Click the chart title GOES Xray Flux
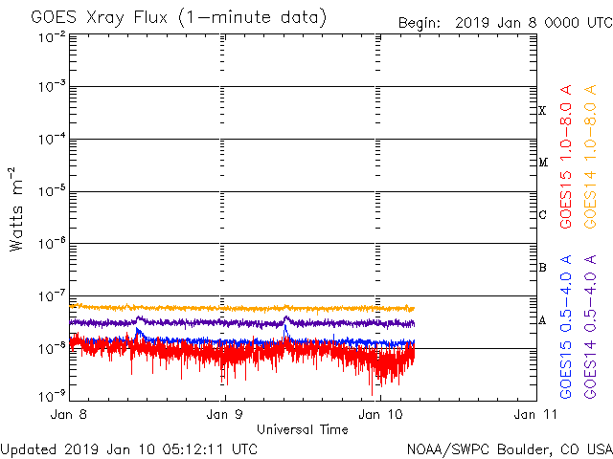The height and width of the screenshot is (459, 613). tap(178, 17)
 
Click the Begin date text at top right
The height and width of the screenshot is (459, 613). tap(504, 22)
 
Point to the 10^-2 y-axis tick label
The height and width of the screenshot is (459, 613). tap(54, 36)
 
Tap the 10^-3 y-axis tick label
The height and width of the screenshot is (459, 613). tap(54, 88)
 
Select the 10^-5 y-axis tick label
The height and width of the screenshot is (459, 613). tap(54, 192)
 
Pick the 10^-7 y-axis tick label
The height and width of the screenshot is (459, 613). tap(54, 296)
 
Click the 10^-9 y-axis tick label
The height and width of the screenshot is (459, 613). tap(54, 394)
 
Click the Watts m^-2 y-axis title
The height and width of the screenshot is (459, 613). tap(16, 208)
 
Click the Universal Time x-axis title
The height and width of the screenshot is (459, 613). tap(303, 429)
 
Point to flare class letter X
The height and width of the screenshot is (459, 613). tap(542, 111)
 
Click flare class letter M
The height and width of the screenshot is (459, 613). tap(542, 163)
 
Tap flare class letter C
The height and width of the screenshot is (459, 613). tap(542, 215)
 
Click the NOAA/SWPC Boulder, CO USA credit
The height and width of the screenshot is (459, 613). tap(509, 448)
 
